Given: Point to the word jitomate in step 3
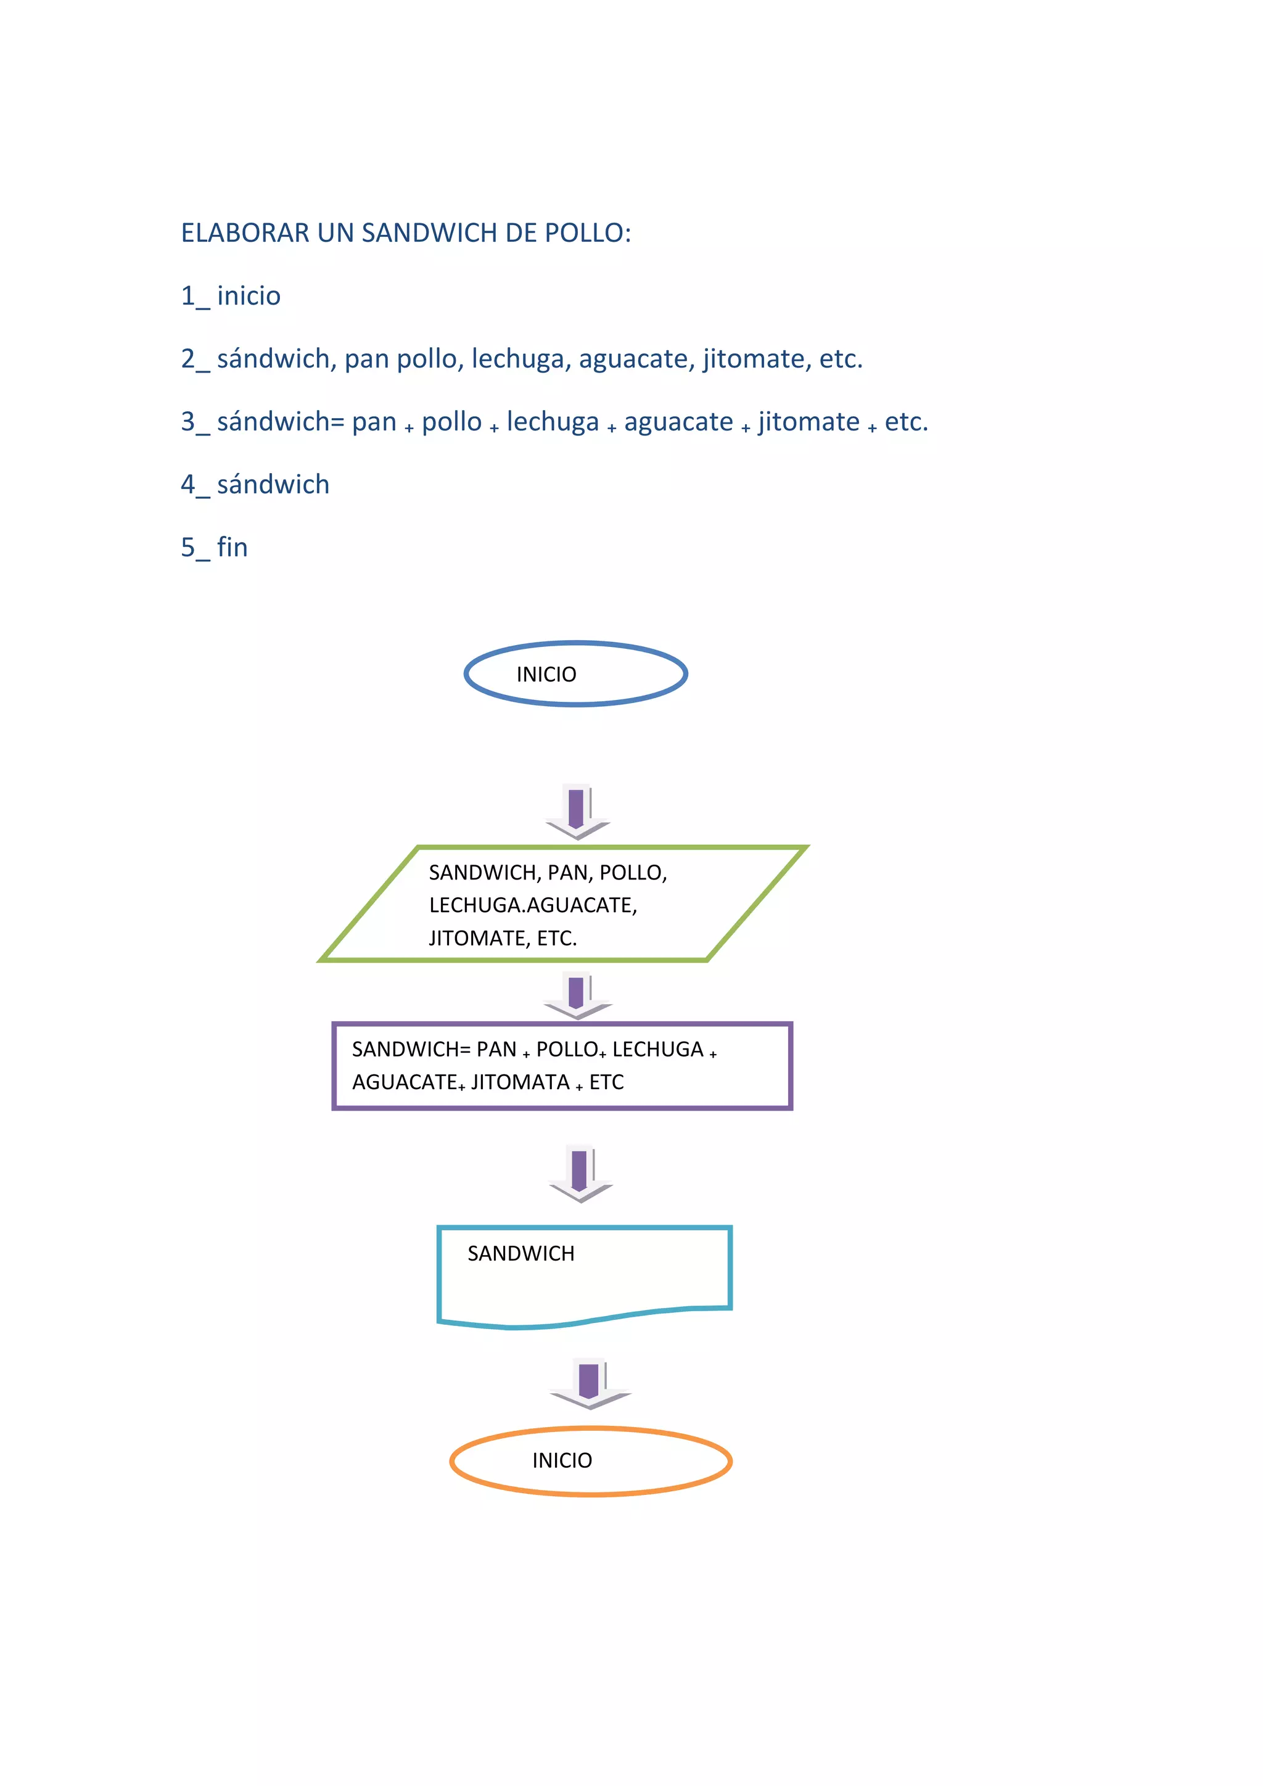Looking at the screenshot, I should (x=809, y=422).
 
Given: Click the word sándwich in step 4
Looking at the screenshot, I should (x=273, y=485).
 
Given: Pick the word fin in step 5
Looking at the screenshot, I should (x=232, y=548).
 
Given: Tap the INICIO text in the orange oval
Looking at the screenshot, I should (x=562, y=1461).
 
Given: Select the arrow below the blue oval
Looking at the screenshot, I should (x=577, y=812).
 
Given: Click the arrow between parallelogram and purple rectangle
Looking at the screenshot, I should (x=577, y=995).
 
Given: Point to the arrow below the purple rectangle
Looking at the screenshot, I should (x=580, y=1173).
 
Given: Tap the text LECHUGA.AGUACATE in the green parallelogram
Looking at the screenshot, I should (x=533, y=905).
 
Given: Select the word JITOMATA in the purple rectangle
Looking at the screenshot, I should (x=520, y=1082).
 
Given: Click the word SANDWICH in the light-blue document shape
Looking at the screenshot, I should (x=520, y=1253).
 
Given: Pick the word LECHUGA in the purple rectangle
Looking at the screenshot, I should (x=657, y=1050).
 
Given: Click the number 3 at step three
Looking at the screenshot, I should (x=188, y=422).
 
